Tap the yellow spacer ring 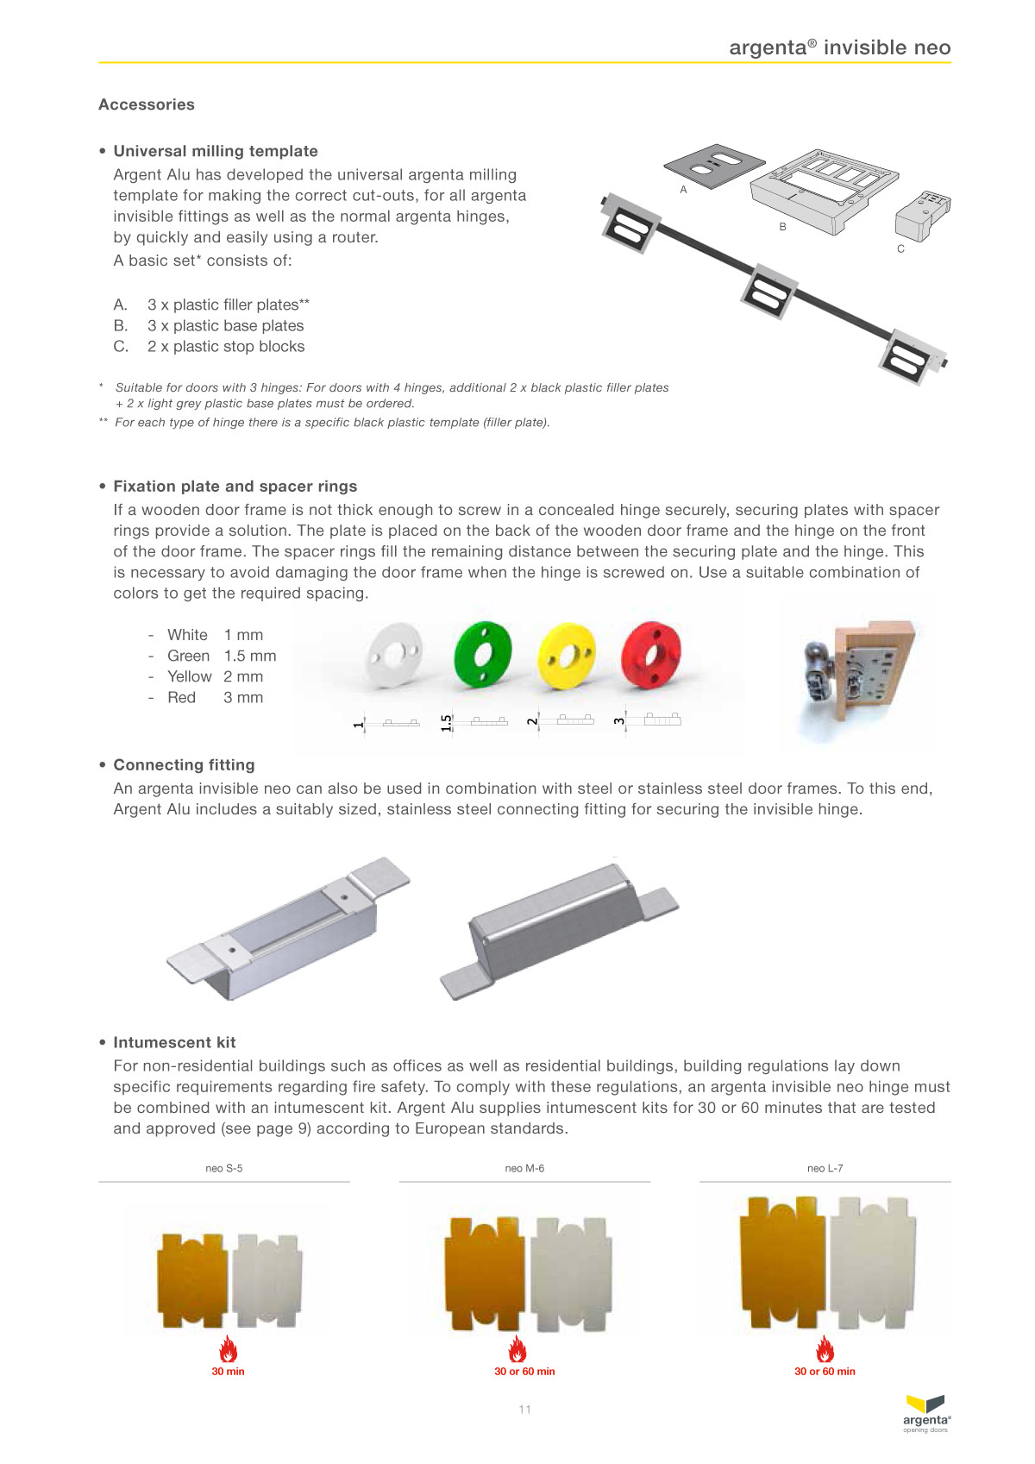567,656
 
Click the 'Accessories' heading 147,104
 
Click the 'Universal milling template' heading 216,151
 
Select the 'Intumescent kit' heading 174,1042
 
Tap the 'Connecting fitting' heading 184,764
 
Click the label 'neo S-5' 224,1168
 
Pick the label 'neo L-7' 825,1168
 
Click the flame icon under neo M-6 517,1348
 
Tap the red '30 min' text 229,1371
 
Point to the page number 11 524,1410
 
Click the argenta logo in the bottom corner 926,1413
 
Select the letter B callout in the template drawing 783,227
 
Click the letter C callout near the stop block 900,248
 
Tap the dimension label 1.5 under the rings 446,722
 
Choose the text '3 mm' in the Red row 243,697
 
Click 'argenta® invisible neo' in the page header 839,47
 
